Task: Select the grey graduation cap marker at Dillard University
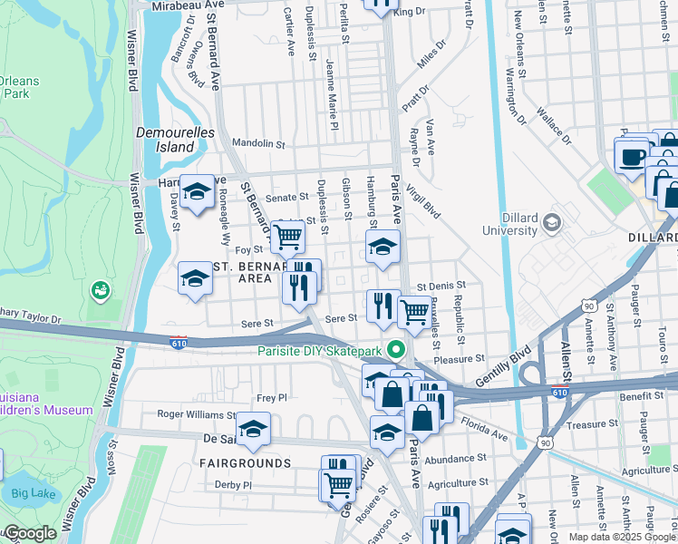coord(550,220)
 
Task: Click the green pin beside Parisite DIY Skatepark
coord(395,349)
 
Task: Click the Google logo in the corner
coord(29,534)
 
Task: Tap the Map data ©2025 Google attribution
coord(622,537)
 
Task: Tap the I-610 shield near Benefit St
coord(559,392)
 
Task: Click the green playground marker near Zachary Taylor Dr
coord(100,291)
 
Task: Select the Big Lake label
coord(33,494)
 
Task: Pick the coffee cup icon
coord(632,156)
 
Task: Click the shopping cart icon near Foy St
coord(287,238)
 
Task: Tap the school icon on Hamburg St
coord(383,247)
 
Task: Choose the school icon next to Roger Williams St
coord(253,428)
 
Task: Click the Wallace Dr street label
coord(554,126)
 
